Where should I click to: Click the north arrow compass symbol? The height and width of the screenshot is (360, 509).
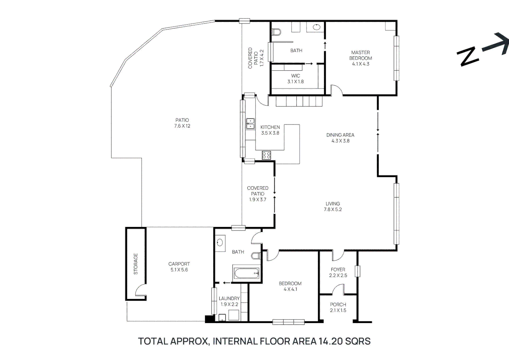(483, 50)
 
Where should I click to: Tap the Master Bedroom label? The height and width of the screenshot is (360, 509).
(360, 58)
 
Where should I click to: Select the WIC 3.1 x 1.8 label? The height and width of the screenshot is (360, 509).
(295, 79)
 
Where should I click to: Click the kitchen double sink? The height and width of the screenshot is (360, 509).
(250, 124)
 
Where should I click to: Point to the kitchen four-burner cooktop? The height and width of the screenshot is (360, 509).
(266, 155)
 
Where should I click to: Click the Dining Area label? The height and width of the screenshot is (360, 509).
(340, 138)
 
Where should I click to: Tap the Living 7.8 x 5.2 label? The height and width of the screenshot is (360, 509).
(332, 206)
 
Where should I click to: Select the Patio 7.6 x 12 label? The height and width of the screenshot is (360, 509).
(182, 123)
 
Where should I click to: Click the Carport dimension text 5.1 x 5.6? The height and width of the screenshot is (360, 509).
(179, 270)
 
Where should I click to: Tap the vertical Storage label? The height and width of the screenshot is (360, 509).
(136, 264)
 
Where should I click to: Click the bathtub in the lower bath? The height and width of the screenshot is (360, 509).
(247, 274)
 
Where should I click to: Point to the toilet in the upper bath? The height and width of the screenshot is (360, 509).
(276, 32)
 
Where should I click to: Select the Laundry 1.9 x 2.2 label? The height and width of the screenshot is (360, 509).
(229, 301)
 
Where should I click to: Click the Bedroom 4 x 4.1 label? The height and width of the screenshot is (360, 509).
(290, 286)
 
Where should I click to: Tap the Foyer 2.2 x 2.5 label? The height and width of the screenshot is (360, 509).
(338, 272)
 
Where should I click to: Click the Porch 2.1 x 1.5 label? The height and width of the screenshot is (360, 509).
(338, 307)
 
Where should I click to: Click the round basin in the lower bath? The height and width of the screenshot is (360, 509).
(220, 242)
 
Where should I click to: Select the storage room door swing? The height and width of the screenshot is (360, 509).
(140, 289)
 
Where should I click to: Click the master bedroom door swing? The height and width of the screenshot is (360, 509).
(336, 90)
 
